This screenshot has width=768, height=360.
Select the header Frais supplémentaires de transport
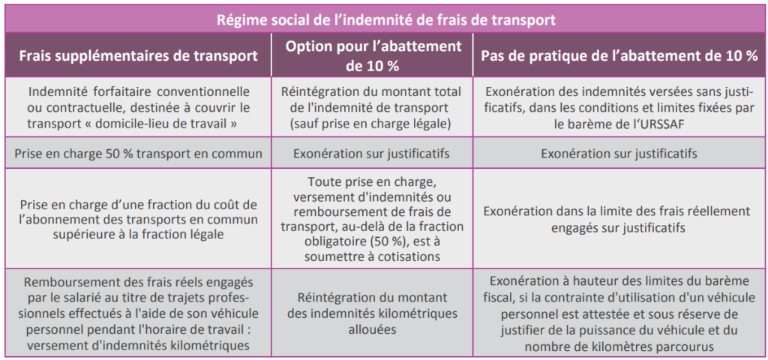coord(138,55)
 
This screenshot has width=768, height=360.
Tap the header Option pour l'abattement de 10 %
coord(372,55)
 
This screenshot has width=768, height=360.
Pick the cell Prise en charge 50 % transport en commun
coord(138,154)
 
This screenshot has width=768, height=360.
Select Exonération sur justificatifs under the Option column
coord(372,154)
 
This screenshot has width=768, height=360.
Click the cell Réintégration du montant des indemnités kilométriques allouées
coord(372,313)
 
